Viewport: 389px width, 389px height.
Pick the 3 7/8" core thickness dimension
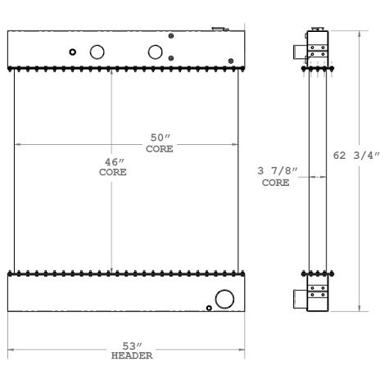(x=277, y=173)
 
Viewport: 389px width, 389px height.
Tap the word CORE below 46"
(x=111, y=173)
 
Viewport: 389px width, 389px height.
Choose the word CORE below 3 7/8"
(x=276, y=183)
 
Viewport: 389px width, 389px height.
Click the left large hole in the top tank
(x=97, y=52)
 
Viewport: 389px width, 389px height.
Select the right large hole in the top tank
(x=156, y=52)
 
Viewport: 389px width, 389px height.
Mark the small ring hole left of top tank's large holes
(x=73, y=52)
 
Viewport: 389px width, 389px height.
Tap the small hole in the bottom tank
(x=210, y=308)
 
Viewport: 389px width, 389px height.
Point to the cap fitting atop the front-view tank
(x=219, y=29)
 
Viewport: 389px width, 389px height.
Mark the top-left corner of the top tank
(x=7, y=31)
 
